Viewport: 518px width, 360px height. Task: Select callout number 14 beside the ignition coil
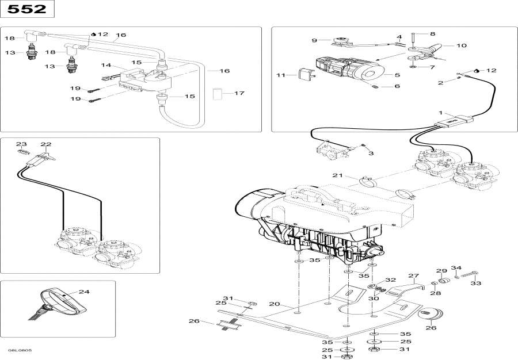[106, 65]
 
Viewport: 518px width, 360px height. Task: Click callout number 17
[239, 93]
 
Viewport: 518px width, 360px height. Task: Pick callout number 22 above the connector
[46, 144]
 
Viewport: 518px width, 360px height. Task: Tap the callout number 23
[21, 144]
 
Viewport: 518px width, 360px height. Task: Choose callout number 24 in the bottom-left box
[84, 292]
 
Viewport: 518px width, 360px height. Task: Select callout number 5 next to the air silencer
[397, 75]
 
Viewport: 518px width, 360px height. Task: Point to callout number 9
[314, 40]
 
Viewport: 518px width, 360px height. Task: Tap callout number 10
[462, 45]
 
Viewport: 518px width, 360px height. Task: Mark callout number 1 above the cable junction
[441, 113]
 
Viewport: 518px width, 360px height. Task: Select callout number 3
[371, 154]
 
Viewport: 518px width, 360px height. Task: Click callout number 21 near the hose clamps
[337, 175]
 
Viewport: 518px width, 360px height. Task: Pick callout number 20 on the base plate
[274, 304]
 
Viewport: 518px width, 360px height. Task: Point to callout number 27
[413, 276]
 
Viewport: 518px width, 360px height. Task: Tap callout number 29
[441, 271]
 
